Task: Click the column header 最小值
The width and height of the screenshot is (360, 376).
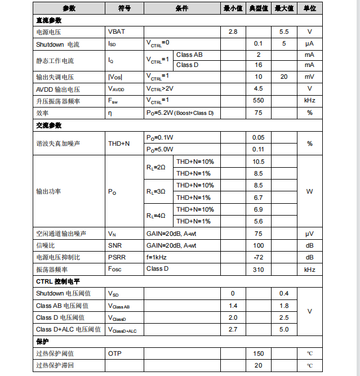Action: click(233, 8)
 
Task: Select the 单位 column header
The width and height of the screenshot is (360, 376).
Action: click(309, 8)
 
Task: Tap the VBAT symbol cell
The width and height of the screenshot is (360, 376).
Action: click(117, 32)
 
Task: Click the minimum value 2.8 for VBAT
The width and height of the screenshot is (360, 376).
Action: click(233, 32)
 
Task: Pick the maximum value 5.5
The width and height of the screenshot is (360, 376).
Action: click(284, 32)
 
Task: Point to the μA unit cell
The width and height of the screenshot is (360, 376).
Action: click(309, 43)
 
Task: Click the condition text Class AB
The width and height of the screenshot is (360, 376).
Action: click(189, 55)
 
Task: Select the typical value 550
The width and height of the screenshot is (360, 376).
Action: click(258, 101)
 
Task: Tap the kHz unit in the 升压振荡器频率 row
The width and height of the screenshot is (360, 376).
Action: click(309, 101)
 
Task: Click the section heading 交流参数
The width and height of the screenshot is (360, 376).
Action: click(49, 125)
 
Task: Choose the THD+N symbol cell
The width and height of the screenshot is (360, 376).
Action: click(119, 144)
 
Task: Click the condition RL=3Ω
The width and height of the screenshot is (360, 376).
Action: click(156, 191)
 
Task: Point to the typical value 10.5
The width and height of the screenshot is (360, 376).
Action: click(258, 162)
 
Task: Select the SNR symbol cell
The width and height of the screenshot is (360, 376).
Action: click(115, 245)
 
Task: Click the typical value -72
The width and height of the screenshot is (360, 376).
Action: click(258, 257)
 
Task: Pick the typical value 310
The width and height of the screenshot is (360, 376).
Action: click(258, 270)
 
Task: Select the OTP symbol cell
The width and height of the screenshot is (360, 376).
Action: click(114, 353)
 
